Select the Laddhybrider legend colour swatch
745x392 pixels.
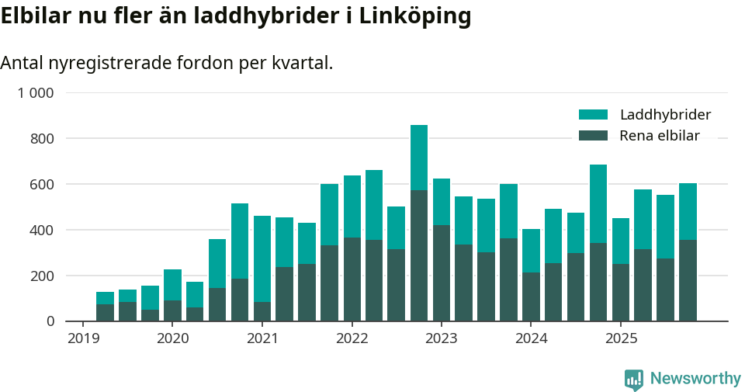point(593,115)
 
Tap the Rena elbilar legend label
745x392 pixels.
point(660,136)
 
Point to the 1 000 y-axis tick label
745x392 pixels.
point(36,93)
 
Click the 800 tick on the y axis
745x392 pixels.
point(43,139)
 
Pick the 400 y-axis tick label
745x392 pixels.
point(43,230)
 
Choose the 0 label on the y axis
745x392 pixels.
point(50,321)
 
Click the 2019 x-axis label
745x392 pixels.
point(83,338)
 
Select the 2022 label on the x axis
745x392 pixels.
point(352,338)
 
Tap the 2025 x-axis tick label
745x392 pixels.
point(621,338)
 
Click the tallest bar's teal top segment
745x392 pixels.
point(419,158)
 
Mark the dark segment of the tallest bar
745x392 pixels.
point(419,256)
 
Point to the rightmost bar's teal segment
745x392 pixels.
point(688,211)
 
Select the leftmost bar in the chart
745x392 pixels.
point(105,307)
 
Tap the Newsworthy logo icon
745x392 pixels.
point(633,380)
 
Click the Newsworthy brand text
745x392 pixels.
point(695,379)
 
